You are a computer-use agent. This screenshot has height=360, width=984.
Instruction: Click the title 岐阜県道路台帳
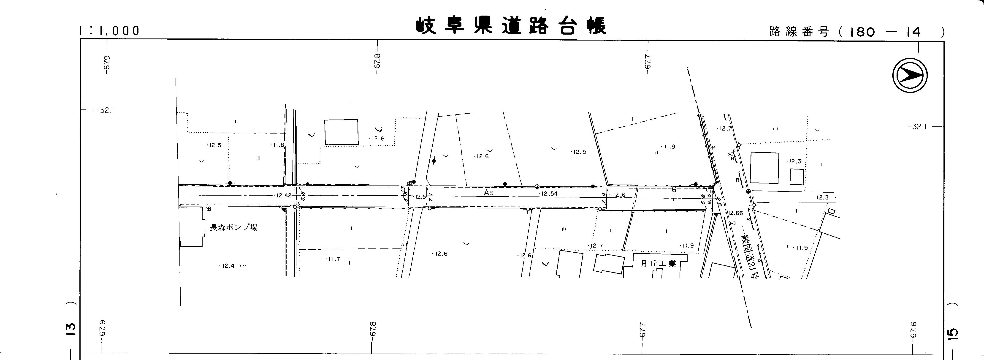(x=511, y=26)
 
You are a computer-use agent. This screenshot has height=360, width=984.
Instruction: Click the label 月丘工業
(x=658, y=263)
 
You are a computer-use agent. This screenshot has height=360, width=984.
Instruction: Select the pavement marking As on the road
(x=489, y=193)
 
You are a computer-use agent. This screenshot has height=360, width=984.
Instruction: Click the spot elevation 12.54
(x=549, y=194)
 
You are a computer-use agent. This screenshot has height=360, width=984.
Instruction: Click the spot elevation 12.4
(x=228, y=266)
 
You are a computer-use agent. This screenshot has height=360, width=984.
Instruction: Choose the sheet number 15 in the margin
(x=953, y=333)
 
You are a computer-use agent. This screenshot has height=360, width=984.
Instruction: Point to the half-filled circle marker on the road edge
(x=537, y=186)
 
